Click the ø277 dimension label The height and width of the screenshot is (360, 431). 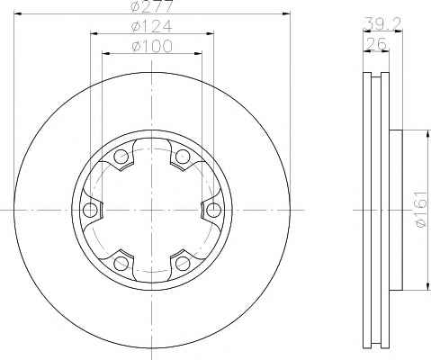coord(152,6)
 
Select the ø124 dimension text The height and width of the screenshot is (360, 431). coord(152,26)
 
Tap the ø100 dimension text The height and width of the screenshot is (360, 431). coord(152,46)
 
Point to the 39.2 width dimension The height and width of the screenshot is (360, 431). coord(382,23)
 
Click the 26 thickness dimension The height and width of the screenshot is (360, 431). coord(376,44)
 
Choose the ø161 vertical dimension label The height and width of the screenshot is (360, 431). coord(421,209)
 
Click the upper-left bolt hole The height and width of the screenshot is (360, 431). coord(121,156)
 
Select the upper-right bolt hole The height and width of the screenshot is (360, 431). coord(183,156)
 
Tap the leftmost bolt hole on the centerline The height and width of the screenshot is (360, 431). coord(90,210)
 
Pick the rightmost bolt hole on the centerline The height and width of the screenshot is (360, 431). coord(214,210)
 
